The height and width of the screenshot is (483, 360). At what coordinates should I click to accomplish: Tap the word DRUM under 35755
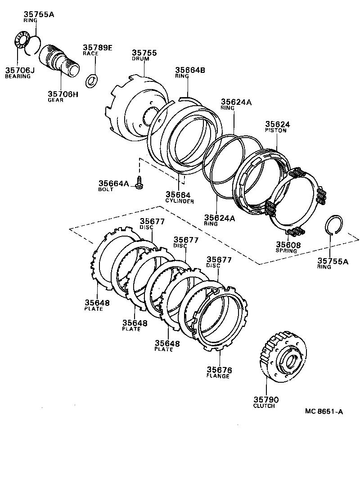coord(140,59)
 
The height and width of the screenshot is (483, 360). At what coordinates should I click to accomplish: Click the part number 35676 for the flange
coord(219,370)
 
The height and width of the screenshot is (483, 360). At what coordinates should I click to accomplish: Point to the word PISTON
coord(275,130)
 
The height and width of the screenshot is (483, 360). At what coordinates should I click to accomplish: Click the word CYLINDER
coord(179,201)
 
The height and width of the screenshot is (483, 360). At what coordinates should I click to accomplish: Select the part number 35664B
coord(190,70)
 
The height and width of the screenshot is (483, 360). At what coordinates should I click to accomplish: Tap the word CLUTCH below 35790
coord(264,406)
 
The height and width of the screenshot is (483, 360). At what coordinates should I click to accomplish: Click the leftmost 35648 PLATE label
coord(97,303)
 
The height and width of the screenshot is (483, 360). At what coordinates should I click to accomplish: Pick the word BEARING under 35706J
coord(18,76)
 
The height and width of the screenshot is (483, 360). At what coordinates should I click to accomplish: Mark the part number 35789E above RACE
coord(97,47)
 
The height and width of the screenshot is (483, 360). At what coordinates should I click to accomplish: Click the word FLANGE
coord(218,376)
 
